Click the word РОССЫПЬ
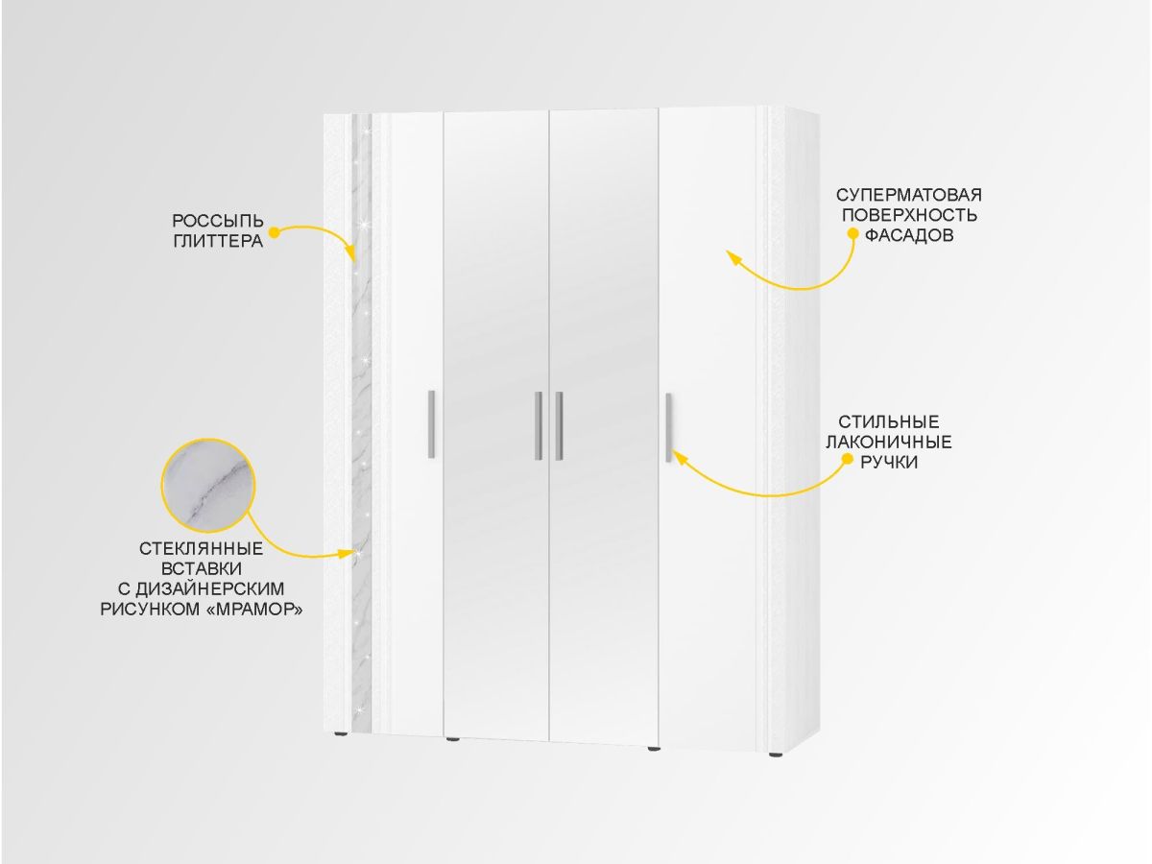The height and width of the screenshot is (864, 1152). click(x=218, y=221)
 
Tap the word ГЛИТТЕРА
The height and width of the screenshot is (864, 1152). click(x=218, y=241)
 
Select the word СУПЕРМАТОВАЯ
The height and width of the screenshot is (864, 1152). click(x=908, y=195)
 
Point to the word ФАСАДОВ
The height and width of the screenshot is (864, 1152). click(x=909, y=235)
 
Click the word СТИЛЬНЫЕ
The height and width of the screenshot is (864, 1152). click(x=888, y=421)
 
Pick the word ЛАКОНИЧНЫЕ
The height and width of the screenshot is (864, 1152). click(x=889, y=443)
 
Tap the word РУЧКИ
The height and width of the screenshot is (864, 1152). click(x=889, y=462)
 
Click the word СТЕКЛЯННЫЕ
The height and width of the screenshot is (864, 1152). click(x=201, y=549)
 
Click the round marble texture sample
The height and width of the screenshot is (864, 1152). click(x=208, y=485)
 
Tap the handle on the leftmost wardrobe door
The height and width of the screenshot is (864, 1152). click(x=431, y=424)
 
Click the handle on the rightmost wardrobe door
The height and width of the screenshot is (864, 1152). click(x=668, y=427)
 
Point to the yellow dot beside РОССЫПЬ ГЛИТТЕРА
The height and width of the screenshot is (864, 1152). click(x=274, y=231)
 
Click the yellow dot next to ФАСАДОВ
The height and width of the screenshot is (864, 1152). click(x=853, y=233)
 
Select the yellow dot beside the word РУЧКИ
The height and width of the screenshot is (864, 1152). click(x=847, y=460)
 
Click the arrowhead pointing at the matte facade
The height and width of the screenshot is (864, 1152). click(x=732, y=256)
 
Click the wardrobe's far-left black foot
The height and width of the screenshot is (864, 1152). click(x=341, y=733)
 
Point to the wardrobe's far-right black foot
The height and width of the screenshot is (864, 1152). click(x=774, y=756)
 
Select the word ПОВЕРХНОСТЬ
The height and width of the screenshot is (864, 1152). click(x=909, y=215)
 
